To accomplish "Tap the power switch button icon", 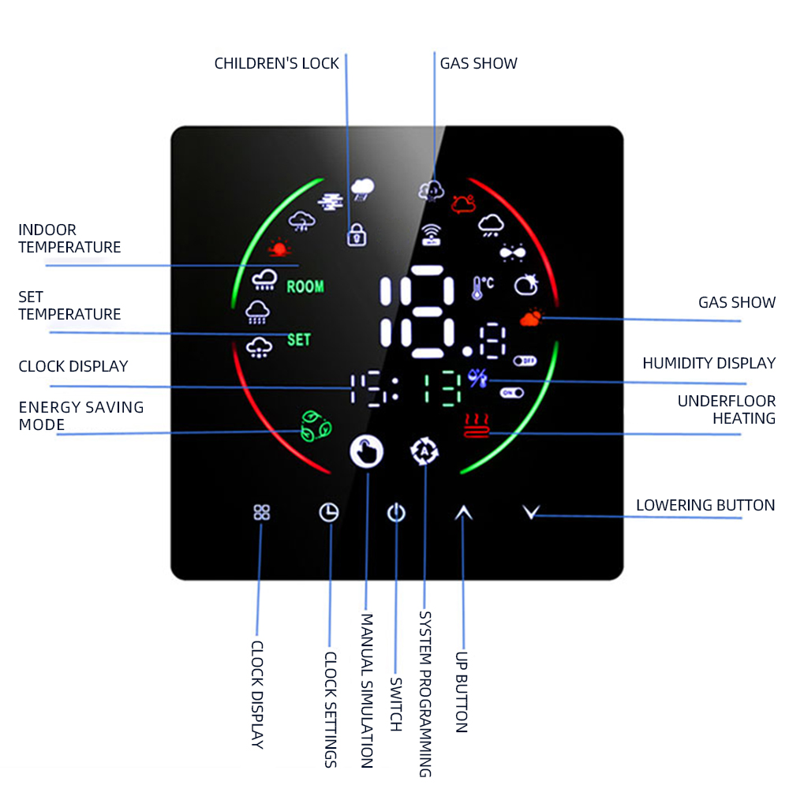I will point(396,514).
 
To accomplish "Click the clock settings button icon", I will point(328,513).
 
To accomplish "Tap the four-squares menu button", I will point(262,513).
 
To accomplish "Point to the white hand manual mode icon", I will point(367,452).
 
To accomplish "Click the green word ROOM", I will point(305,286).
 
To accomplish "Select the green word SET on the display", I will point(299,340).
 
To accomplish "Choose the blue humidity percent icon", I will point(478,379).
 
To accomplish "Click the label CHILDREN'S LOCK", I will point(277,64).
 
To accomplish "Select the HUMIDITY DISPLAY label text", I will point(709,364).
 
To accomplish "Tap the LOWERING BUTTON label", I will point(705,506).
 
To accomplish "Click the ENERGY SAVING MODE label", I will point(81,417).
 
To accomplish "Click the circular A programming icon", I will point(424,452).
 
